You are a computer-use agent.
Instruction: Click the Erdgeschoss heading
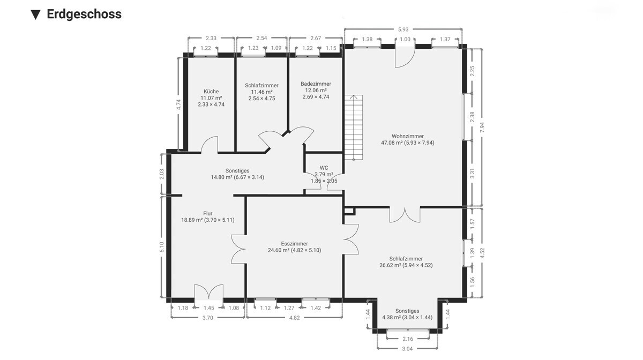[x=84, y=14]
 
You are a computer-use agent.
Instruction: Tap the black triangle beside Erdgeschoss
[x=35, y=15]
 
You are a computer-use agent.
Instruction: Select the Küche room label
[x=211, y=92]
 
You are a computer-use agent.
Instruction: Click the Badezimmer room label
[x=316, y=84]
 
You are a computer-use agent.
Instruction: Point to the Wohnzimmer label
[x=408, y=136]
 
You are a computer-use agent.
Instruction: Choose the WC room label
[x=324, y=168]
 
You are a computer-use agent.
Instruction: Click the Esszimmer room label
[x=295, y=244]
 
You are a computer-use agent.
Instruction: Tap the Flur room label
[x=208, y=213]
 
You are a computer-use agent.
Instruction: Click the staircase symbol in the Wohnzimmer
[x=354, y=127]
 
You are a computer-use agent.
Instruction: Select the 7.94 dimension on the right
[x=482, y=127]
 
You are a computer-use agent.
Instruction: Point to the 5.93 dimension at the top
[x=403, y=29]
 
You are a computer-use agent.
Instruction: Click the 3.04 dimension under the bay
[x=407, y=349]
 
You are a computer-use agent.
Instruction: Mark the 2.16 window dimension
[x=408, y=339]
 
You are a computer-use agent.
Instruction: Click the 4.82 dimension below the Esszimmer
[x=295, y=318]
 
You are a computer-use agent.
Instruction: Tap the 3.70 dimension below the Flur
[x=208, y=318]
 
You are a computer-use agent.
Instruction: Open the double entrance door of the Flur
[x=208, y=292]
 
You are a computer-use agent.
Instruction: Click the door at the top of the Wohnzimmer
[x=405, y=57]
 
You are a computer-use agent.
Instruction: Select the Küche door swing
[x=210, y=145]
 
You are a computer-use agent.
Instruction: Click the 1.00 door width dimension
[x=405, y=39]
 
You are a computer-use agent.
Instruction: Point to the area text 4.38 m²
[x=391, y=317]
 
